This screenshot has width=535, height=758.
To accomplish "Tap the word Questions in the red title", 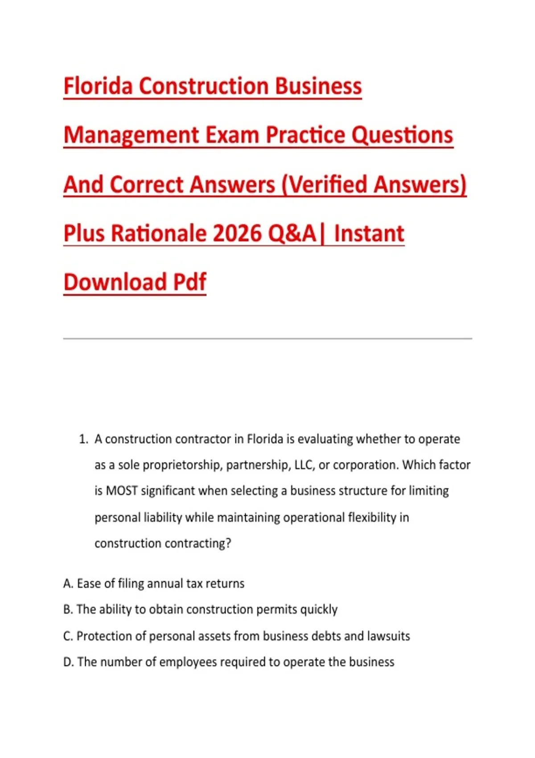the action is click(402, 135).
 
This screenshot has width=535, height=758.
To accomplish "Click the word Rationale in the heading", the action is click(158, 234).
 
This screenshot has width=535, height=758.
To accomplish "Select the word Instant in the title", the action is click(369, 234).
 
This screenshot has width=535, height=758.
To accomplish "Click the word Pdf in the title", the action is click(189, 282).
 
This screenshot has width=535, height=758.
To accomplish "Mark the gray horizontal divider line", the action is click(267, 338).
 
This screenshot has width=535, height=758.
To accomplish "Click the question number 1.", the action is click(83, 439).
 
